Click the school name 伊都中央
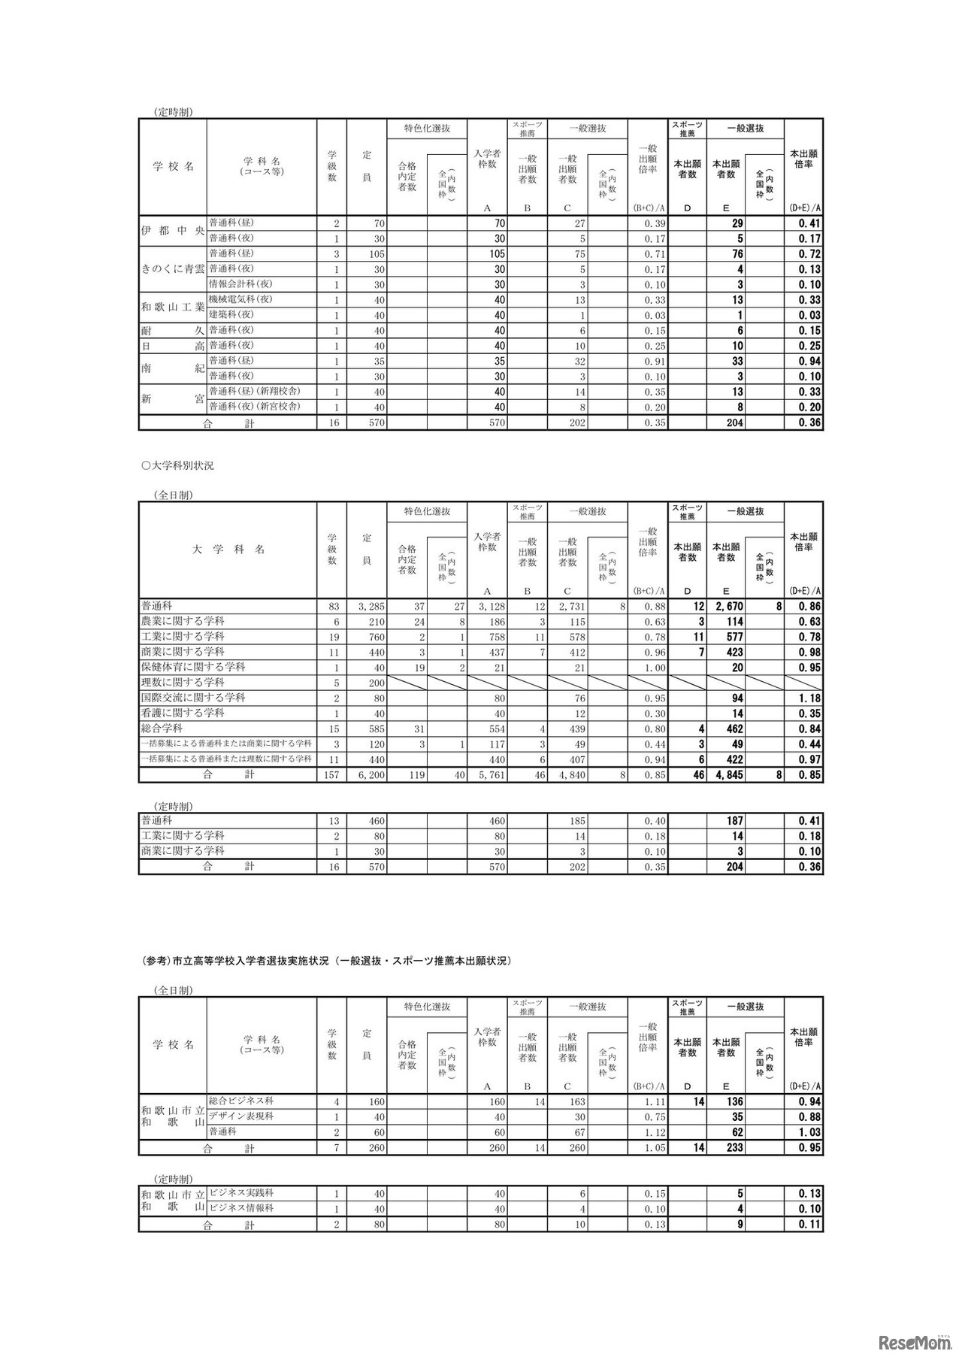172,231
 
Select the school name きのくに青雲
172,269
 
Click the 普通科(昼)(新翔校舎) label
256,392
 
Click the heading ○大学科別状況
178,465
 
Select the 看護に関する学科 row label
183,713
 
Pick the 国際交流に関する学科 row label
193,698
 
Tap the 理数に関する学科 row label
183,683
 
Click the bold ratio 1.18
809,698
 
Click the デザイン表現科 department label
241,1116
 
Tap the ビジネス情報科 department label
241,1209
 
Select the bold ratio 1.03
809,1132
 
